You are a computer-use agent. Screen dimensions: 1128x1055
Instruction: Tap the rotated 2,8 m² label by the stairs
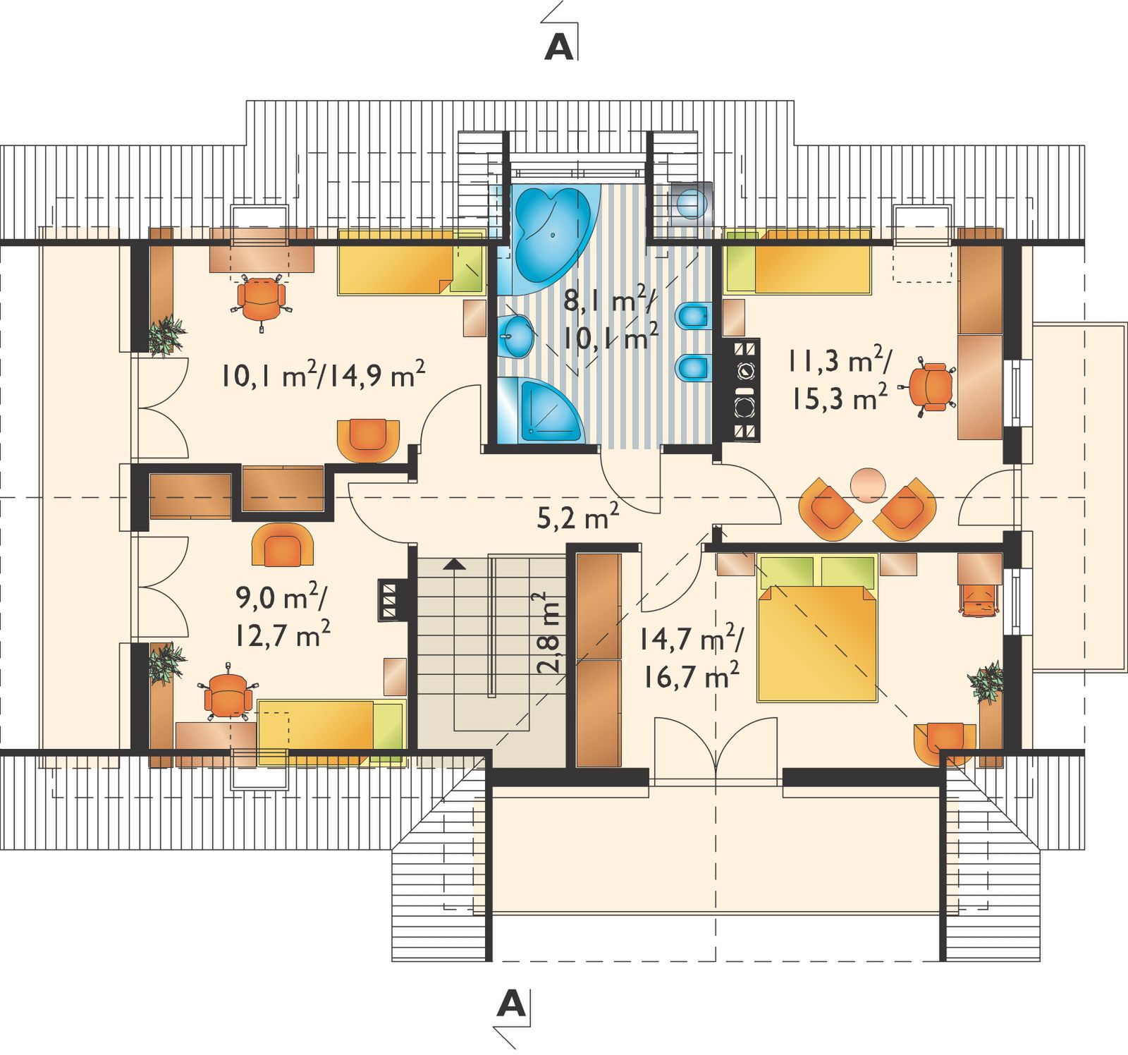tap(549, 635)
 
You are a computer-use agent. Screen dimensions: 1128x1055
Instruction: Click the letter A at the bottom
tap(511, 1003)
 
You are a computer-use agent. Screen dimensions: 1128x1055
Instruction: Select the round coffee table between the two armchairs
tap(867, 484)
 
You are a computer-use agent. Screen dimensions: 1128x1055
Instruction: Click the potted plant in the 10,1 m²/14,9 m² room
tap(166, 334)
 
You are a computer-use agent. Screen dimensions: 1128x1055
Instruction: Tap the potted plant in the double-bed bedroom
tap(986, 682)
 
